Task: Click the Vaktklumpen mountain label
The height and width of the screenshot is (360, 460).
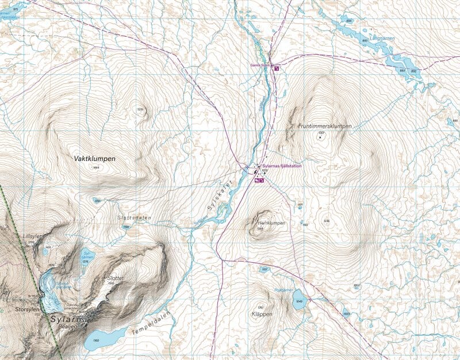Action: pos(95,158)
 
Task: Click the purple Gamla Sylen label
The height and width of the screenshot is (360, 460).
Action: pos(260,66)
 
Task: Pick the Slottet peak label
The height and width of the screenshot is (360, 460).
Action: pos(116,278)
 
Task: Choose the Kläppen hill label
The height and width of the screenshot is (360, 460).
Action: pos(262,314)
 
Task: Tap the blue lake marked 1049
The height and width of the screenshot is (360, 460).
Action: pos(298,302)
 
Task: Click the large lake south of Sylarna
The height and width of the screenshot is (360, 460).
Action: pos(103,339)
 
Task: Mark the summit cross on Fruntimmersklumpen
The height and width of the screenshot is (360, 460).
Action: pos(320,138)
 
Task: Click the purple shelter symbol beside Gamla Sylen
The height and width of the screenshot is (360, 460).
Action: pos(277,68)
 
